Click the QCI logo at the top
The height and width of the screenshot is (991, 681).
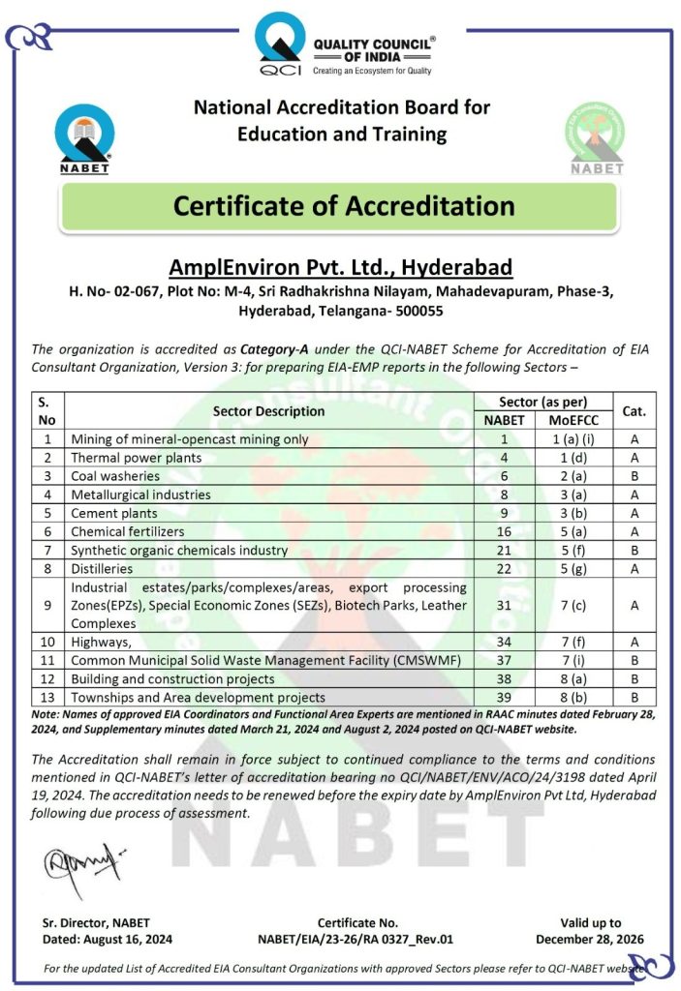pyautogui.click(x=280, y=45)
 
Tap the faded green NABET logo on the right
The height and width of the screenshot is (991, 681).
pyautogui.click(x=595, y=138)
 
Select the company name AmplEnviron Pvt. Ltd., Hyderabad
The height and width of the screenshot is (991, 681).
pyautogui.click(x=340, y=267)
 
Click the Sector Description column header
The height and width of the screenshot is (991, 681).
pyautogui.click(x=268, y=410)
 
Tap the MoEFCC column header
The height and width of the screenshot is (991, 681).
pyautogui.click(x=573, y=420)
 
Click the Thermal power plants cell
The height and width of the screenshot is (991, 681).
pyautogui.click(x=137, y=457)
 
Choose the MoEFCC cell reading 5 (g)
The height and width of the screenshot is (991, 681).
pyautogui.click(x=573, y=568)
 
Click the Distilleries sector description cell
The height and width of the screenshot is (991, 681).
pyautogui.click(x=103, y=568)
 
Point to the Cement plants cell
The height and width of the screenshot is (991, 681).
pyautogui.click(x=113, y=513)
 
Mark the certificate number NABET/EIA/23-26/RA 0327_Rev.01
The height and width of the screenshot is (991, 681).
pyautogui.click(x=356, y=939)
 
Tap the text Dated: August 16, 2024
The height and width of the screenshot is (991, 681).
pyautogui.click(x=108, y=939)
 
